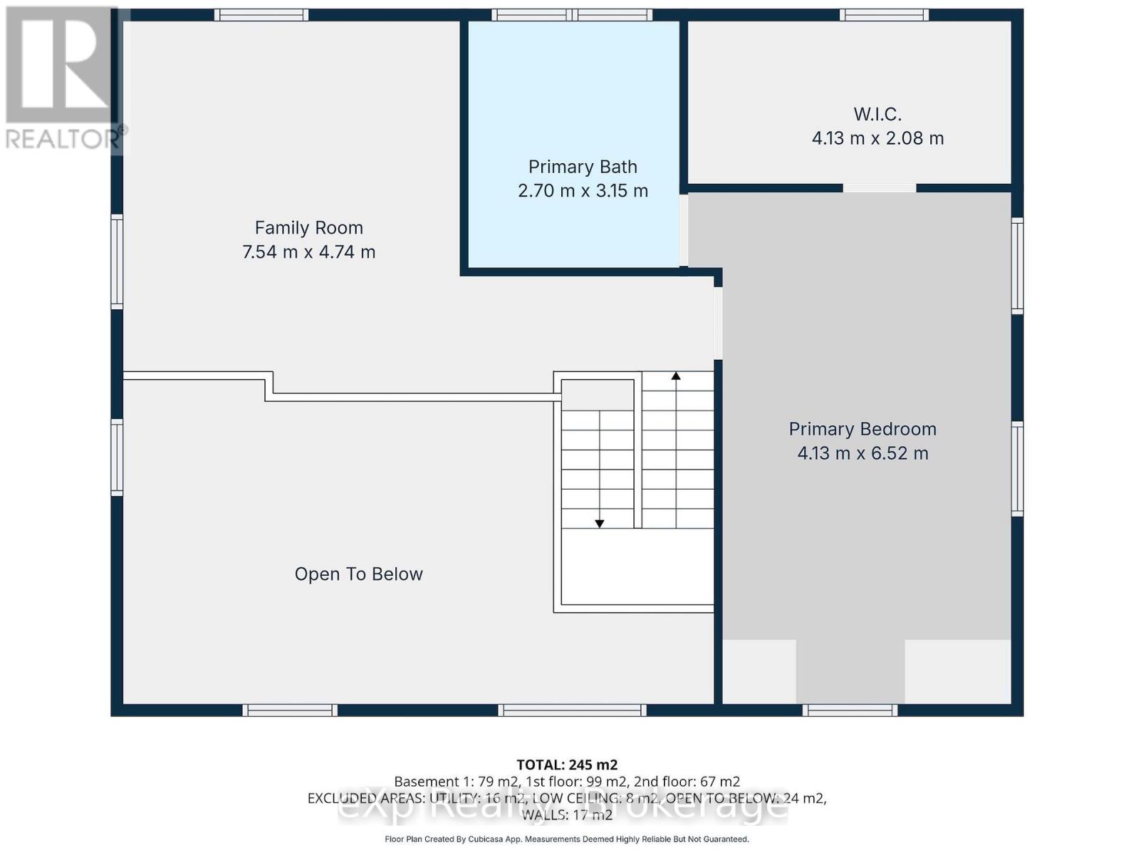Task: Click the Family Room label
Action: (308, 228)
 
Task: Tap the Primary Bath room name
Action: (583, 167)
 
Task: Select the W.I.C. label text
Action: (877, 114)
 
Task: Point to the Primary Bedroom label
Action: (862, 429)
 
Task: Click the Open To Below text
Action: (358, 574)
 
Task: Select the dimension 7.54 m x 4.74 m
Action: (308, 252)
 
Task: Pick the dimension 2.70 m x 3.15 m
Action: (583, 191)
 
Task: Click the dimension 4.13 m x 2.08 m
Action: (877, 138)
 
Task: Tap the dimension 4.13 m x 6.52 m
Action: (862, 453)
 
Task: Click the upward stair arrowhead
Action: (676, 375)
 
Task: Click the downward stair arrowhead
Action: (600, 524)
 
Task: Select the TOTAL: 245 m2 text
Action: (567, 765)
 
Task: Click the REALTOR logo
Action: (63, 78)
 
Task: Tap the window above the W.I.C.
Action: (884, 15)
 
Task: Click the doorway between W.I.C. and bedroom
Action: (880, 188)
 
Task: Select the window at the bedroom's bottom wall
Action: (850, 710)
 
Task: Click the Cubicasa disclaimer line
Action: (567, 839)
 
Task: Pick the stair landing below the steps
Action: (637, 567)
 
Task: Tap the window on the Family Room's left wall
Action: (117, 261)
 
